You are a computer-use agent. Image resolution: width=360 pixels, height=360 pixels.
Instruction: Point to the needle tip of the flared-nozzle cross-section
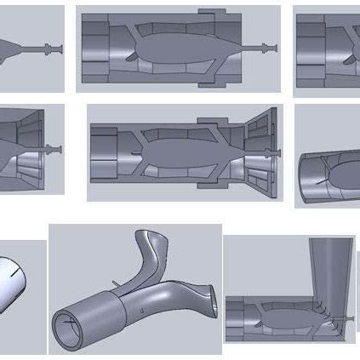pos(278,151)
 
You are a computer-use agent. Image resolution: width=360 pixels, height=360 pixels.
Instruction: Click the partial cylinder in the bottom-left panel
pos(17,285)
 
